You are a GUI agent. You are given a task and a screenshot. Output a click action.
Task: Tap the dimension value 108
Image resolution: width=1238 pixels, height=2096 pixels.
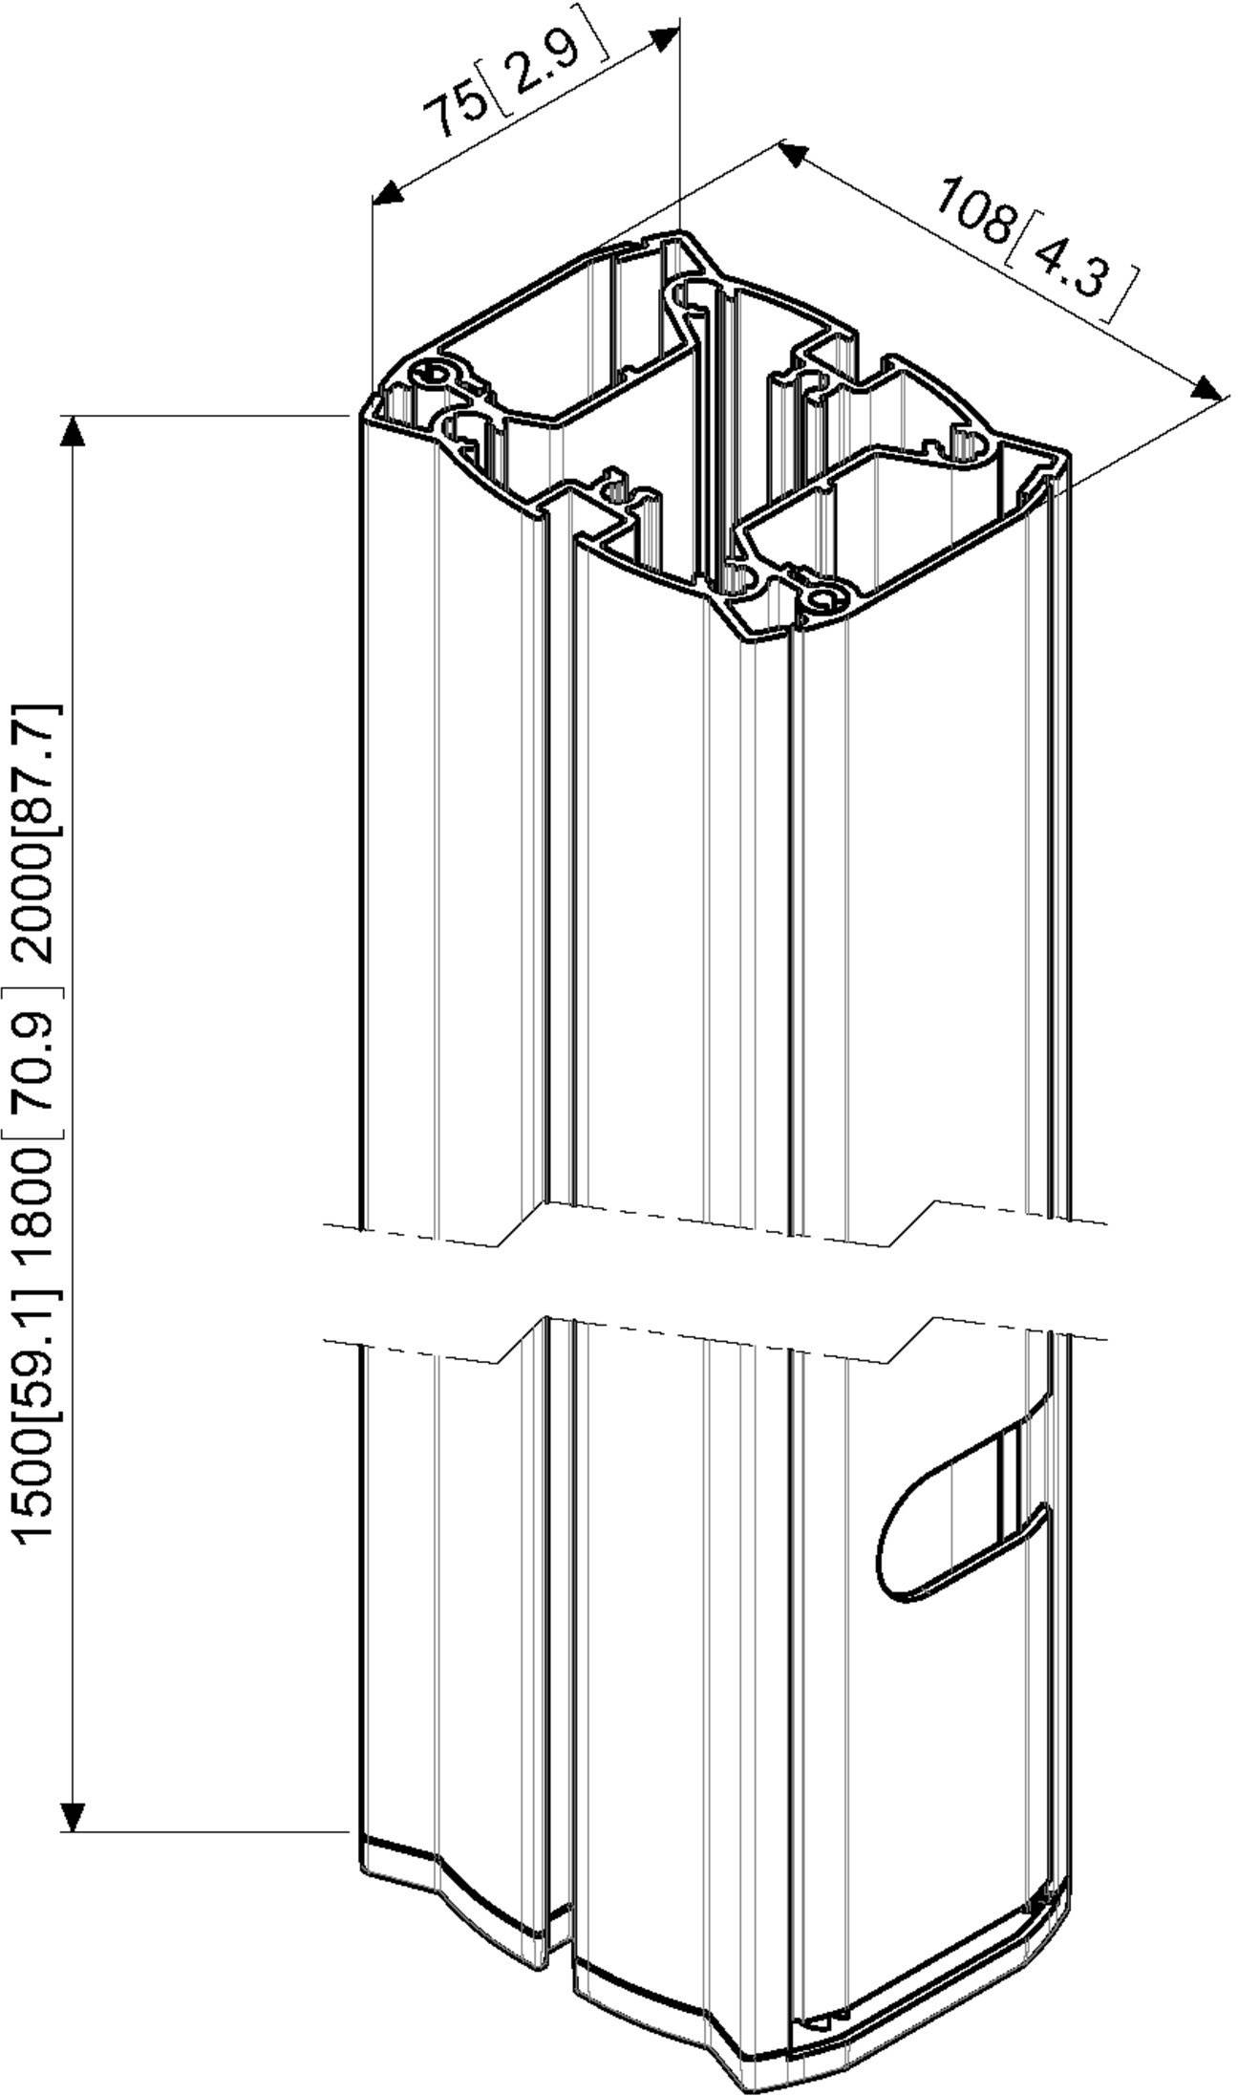pyautogui.click(x=974, y=207)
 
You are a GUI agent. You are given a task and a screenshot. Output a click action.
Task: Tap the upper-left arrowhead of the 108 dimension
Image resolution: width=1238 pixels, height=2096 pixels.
pyautogui.click(x=794, y=153)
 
